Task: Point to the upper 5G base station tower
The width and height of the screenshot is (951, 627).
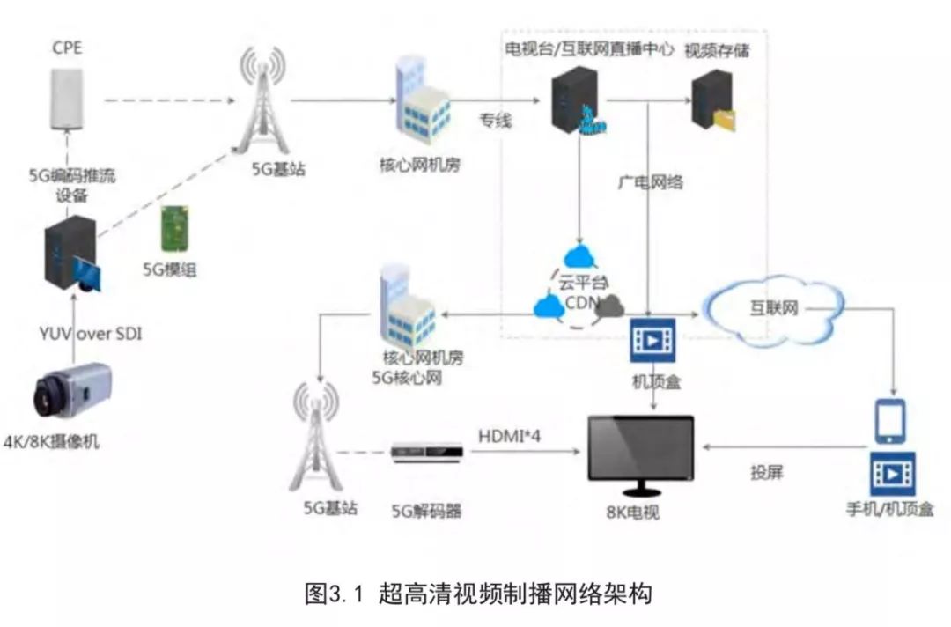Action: click(x=262, y=101)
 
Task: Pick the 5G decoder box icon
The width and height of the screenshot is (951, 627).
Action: click(x=426, y=452)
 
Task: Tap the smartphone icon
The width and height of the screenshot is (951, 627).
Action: click(x=889, y=421)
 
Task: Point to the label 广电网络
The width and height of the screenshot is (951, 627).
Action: click(x=650, y=183)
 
